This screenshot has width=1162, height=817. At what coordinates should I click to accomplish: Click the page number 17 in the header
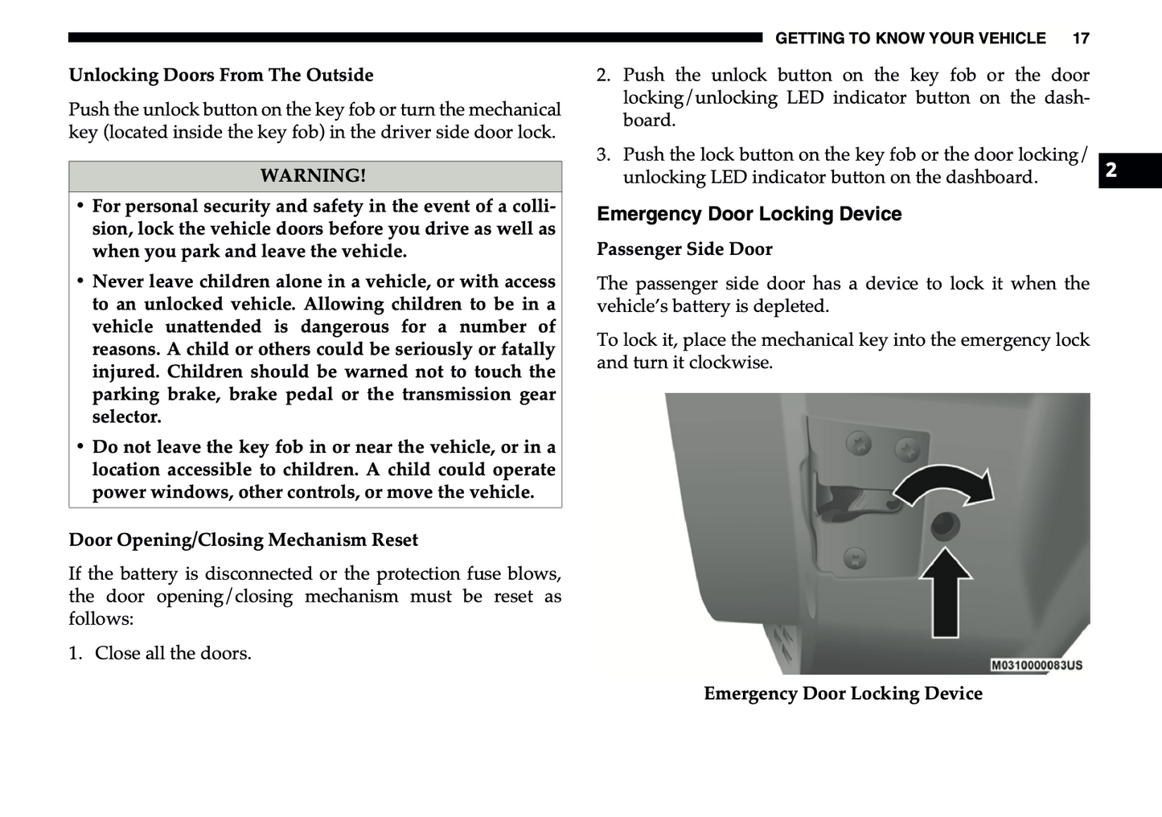[x=1080, y=39]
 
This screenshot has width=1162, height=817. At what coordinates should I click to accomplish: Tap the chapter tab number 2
[x=1111, y=170]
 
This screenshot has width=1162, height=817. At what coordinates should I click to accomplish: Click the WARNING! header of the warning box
[x=314, y=175]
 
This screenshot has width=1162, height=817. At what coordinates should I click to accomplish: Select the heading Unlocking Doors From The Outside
[x=221, y=75]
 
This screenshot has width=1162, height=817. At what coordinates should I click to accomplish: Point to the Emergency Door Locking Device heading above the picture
[x=749, y=214]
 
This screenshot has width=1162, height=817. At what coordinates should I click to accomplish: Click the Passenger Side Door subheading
[x=684, y=249]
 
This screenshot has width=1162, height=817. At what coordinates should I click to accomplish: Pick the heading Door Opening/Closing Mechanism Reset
[x=243, y=540]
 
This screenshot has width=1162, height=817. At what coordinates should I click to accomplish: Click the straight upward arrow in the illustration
[x=945, y=590]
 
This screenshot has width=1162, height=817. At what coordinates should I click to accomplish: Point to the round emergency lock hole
[x=943, y=528]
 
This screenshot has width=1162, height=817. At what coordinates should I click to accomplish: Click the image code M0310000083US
[x=1037, y=665]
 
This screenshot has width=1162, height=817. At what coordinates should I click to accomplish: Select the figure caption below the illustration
[x=843, y=693]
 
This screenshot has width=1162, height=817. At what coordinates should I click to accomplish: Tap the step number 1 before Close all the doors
[x=75, y=653]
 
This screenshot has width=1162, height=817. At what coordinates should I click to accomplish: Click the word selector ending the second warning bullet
[x=127, y=417]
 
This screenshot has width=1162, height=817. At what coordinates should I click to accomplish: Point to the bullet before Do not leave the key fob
[x=80, y=446]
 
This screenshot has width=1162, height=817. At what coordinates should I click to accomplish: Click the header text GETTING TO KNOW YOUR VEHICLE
[x=910, y=39]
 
